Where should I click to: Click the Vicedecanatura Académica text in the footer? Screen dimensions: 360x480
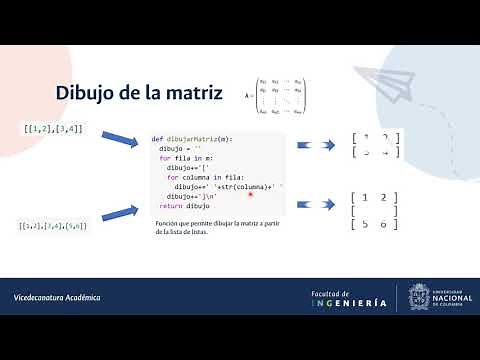tap(57, 298)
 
